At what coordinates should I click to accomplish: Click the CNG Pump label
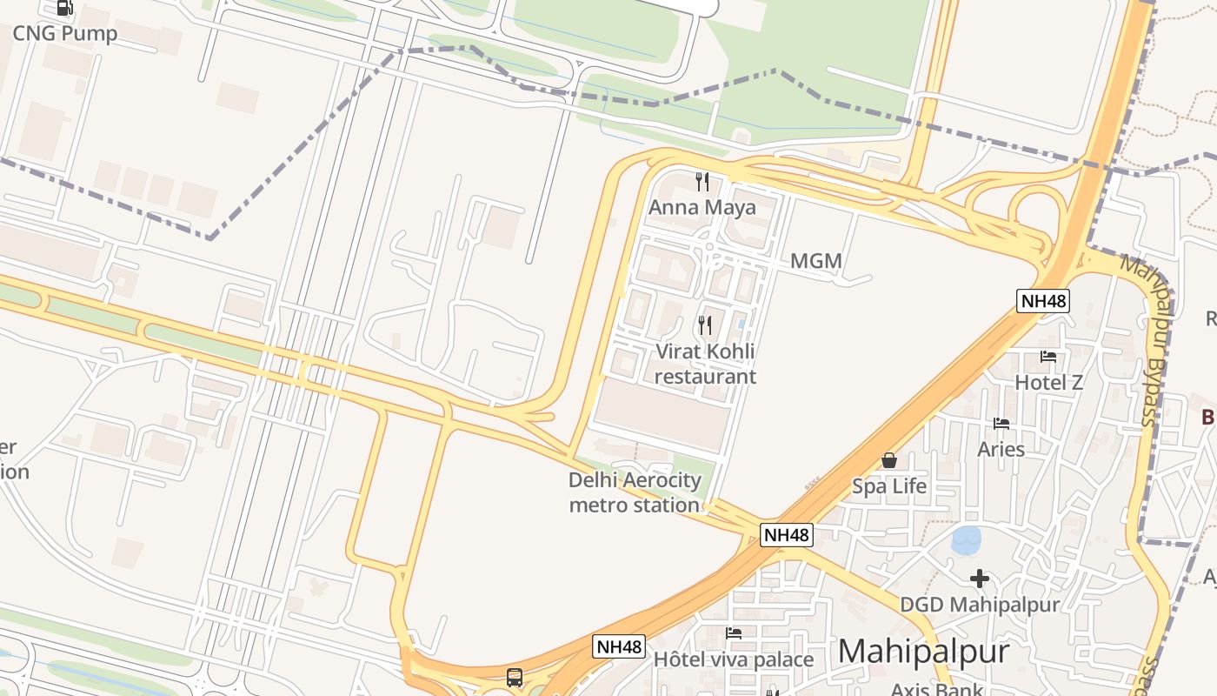click(x=64, y=34)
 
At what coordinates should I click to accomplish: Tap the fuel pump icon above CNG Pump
click(x=64, y=8)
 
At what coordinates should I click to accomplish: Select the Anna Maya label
click(x=702, y=208)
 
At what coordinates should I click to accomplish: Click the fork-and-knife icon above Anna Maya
click(x=702, y=182)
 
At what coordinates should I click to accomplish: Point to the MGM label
click(x=816, y=261)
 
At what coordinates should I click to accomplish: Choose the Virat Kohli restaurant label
click(x=705, y=364)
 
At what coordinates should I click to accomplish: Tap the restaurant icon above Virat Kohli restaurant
click(x=705, y=326)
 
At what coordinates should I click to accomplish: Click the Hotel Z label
click(x=1048, y=383)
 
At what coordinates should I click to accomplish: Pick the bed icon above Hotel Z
click(x=1048, y=357)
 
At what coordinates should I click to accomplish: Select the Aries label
click(x=1001, y=449)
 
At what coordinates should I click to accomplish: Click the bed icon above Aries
click(x=1001, y=424)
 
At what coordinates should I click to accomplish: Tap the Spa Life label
click(x=889, y=486)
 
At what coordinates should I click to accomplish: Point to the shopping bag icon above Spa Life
click(x=889, y=460)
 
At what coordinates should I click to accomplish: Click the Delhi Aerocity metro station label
click(x=635, y=492)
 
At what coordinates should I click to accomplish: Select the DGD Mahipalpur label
click(x=980, y=605)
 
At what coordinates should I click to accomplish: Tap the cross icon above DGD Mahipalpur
click(x=980, y=579)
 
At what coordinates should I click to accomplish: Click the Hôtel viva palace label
click(x=734, y=659)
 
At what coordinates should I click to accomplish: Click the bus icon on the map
click(x=515, y=677)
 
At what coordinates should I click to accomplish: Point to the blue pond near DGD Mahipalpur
click(x=966, y=540)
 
